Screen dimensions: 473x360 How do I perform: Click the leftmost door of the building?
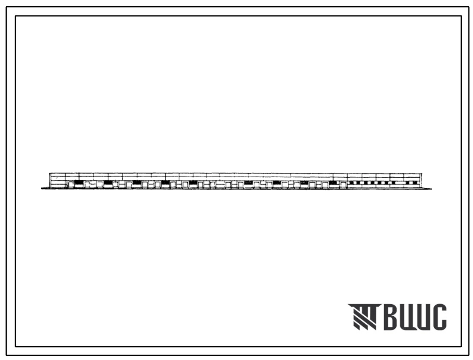71,184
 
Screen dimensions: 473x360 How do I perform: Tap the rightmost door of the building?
343,185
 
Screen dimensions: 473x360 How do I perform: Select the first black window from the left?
78,182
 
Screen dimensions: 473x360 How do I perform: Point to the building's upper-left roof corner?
50,173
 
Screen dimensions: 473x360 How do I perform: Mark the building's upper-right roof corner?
422,173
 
